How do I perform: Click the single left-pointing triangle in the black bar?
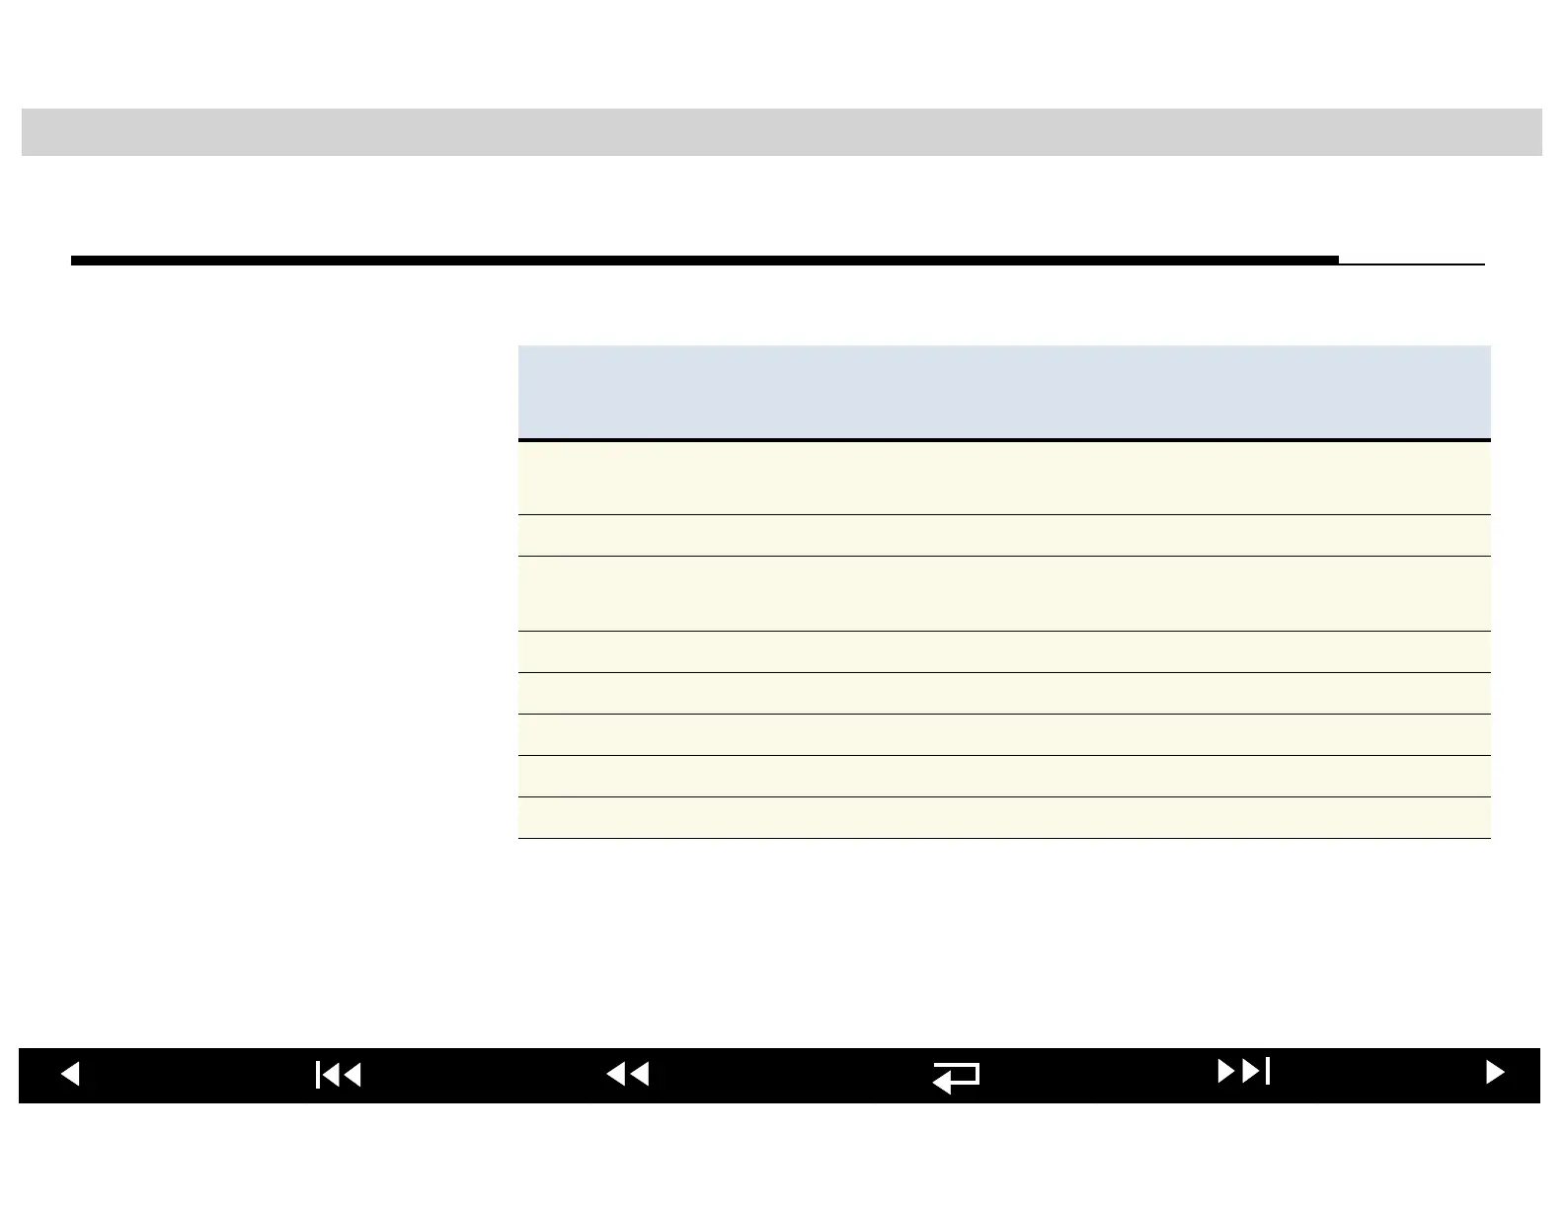tap(70, 1074)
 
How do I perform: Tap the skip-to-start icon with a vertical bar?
tap(339, 1075)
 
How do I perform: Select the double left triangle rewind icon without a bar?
tap(628, 1074)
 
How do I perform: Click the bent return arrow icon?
tap(956, 1077)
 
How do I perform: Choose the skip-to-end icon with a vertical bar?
tap(1243, 1071)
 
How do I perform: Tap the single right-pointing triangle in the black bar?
tap(1495, 1073)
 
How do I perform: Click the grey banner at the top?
tap(781, 132)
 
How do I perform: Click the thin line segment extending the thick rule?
tap(1412, 264)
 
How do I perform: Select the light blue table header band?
tap(1003, 392)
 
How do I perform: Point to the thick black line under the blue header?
tap(1003, 440)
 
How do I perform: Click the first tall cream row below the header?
tap(1003, 478)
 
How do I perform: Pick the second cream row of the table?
tap(1003, 535)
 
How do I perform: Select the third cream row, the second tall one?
tap(1003, 593)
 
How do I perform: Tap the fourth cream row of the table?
tap(1003, 651)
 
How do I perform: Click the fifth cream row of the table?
tap(1003, 693)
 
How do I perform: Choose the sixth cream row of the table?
tap(1003, 734)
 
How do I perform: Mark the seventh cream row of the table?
tap(1003, 776)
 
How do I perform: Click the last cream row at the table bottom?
tap(1003, 817)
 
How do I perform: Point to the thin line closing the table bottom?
tap(1003, 838)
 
